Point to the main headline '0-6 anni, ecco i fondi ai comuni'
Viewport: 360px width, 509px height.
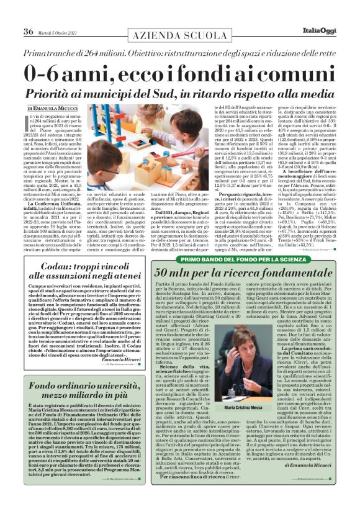tap(180, 73)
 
